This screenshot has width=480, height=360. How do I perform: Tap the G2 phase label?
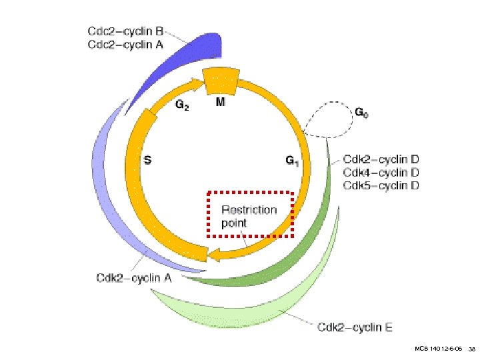point(181,105)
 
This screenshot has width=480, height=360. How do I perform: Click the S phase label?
point(148,160)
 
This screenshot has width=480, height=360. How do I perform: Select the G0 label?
point(361,114)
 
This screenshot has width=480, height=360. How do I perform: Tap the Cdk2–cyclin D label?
point(381,159)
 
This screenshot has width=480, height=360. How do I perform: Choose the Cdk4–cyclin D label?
point(381,172)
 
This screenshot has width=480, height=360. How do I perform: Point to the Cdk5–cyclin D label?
point(381,185)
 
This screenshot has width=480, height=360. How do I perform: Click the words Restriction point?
point(249,216)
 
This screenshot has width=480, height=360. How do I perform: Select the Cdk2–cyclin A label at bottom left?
point(133,278)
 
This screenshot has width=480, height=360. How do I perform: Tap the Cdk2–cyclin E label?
point(355,327)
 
